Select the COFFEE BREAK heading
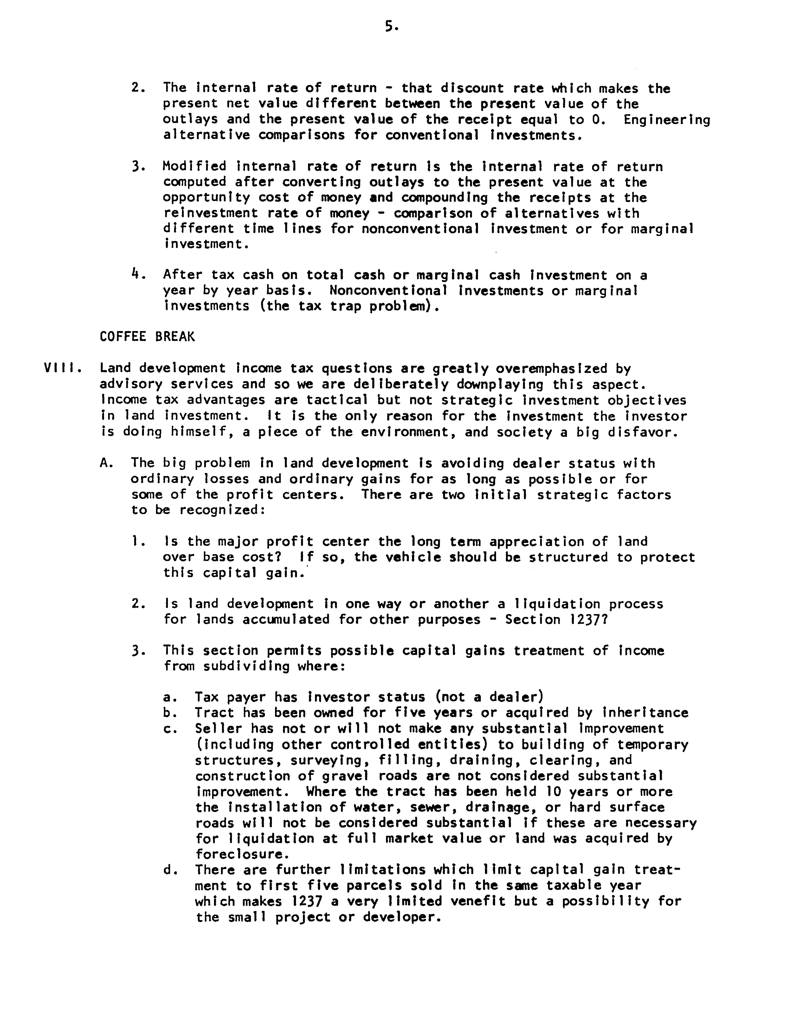147,337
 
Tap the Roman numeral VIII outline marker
62,368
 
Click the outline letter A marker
105,463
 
